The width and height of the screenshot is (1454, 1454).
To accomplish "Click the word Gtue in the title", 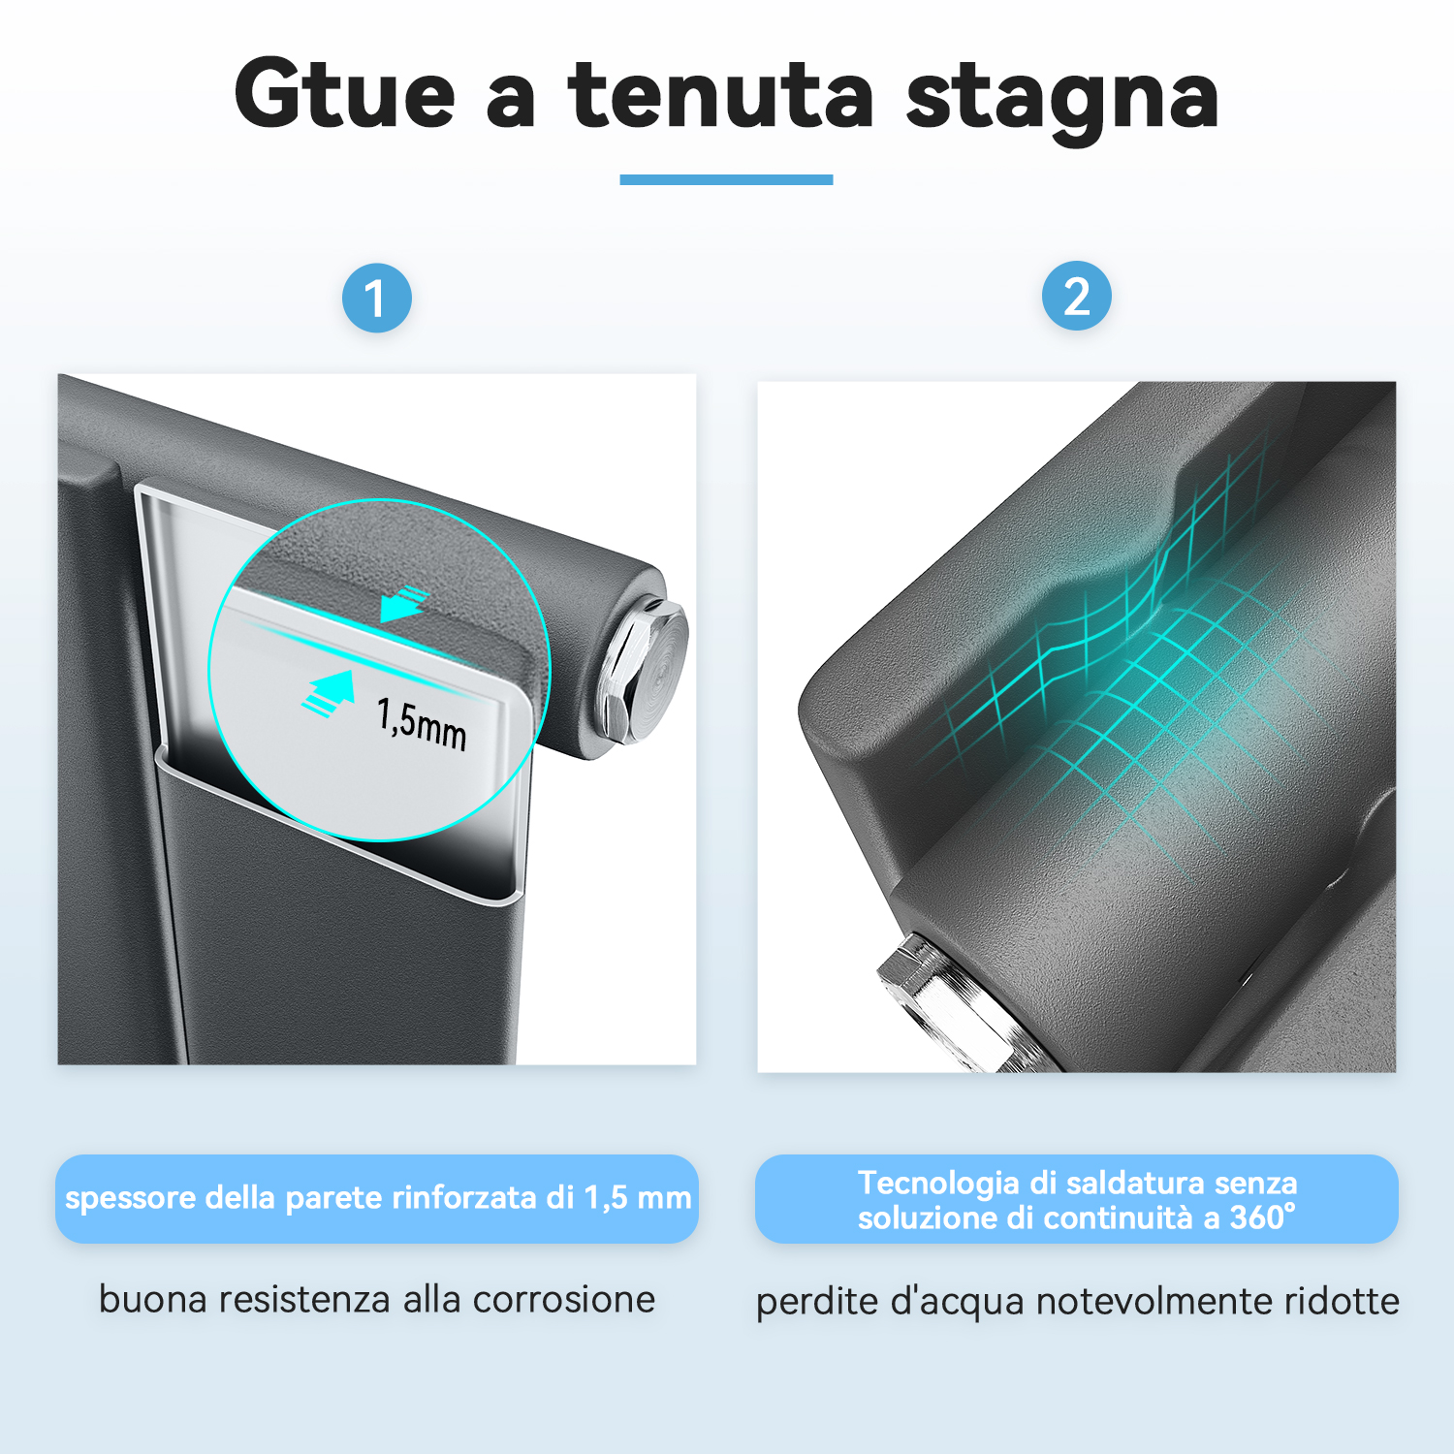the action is point(345,93).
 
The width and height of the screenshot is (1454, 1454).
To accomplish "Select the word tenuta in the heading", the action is point(721,95).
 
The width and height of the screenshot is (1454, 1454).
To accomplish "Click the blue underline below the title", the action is point(726,179).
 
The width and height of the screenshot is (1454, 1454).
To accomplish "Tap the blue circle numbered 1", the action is point(377,298).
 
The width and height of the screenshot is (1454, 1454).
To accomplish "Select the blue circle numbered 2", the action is point(1076,296).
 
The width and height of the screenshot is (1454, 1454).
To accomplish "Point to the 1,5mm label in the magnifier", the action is point(422,723).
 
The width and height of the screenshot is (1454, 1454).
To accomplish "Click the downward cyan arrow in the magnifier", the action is point(402,604).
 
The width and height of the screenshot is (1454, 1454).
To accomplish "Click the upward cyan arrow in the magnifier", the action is point(328,692).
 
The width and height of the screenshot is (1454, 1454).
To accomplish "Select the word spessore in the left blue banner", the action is point(131,1199).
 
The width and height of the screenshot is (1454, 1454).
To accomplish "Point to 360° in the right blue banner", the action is point(1262,1217).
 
